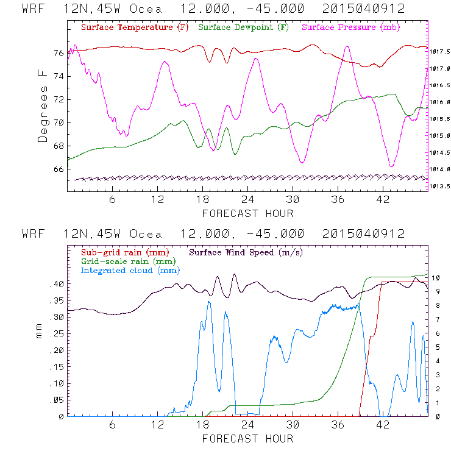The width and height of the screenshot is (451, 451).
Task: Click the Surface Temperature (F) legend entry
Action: click(x=135, y=28)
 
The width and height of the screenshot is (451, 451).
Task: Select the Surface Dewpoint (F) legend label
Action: click(x=244, y=28)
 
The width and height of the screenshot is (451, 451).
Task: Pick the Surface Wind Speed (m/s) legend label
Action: click(x=246, y=252)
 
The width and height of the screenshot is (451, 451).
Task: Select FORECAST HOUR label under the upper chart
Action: click(x=247, y=213)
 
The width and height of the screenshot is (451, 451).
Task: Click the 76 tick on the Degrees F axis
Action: click(x=58, y=53)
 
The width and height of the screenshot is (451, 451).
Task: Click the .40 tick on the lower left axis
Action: click(x=55, y=284)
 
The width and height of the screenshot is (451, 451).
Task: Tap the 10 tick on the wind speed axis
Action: click(x=437, y=278)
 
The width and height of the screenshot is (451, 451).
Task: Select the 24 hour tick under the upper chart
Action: click(x=247, y=200)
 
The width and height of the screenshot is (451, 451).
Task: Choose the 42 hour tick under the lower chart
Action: click(x=383, y=425)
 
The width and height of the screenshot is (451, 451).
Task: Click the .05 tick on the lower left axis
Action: click(x=55, y=400)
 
